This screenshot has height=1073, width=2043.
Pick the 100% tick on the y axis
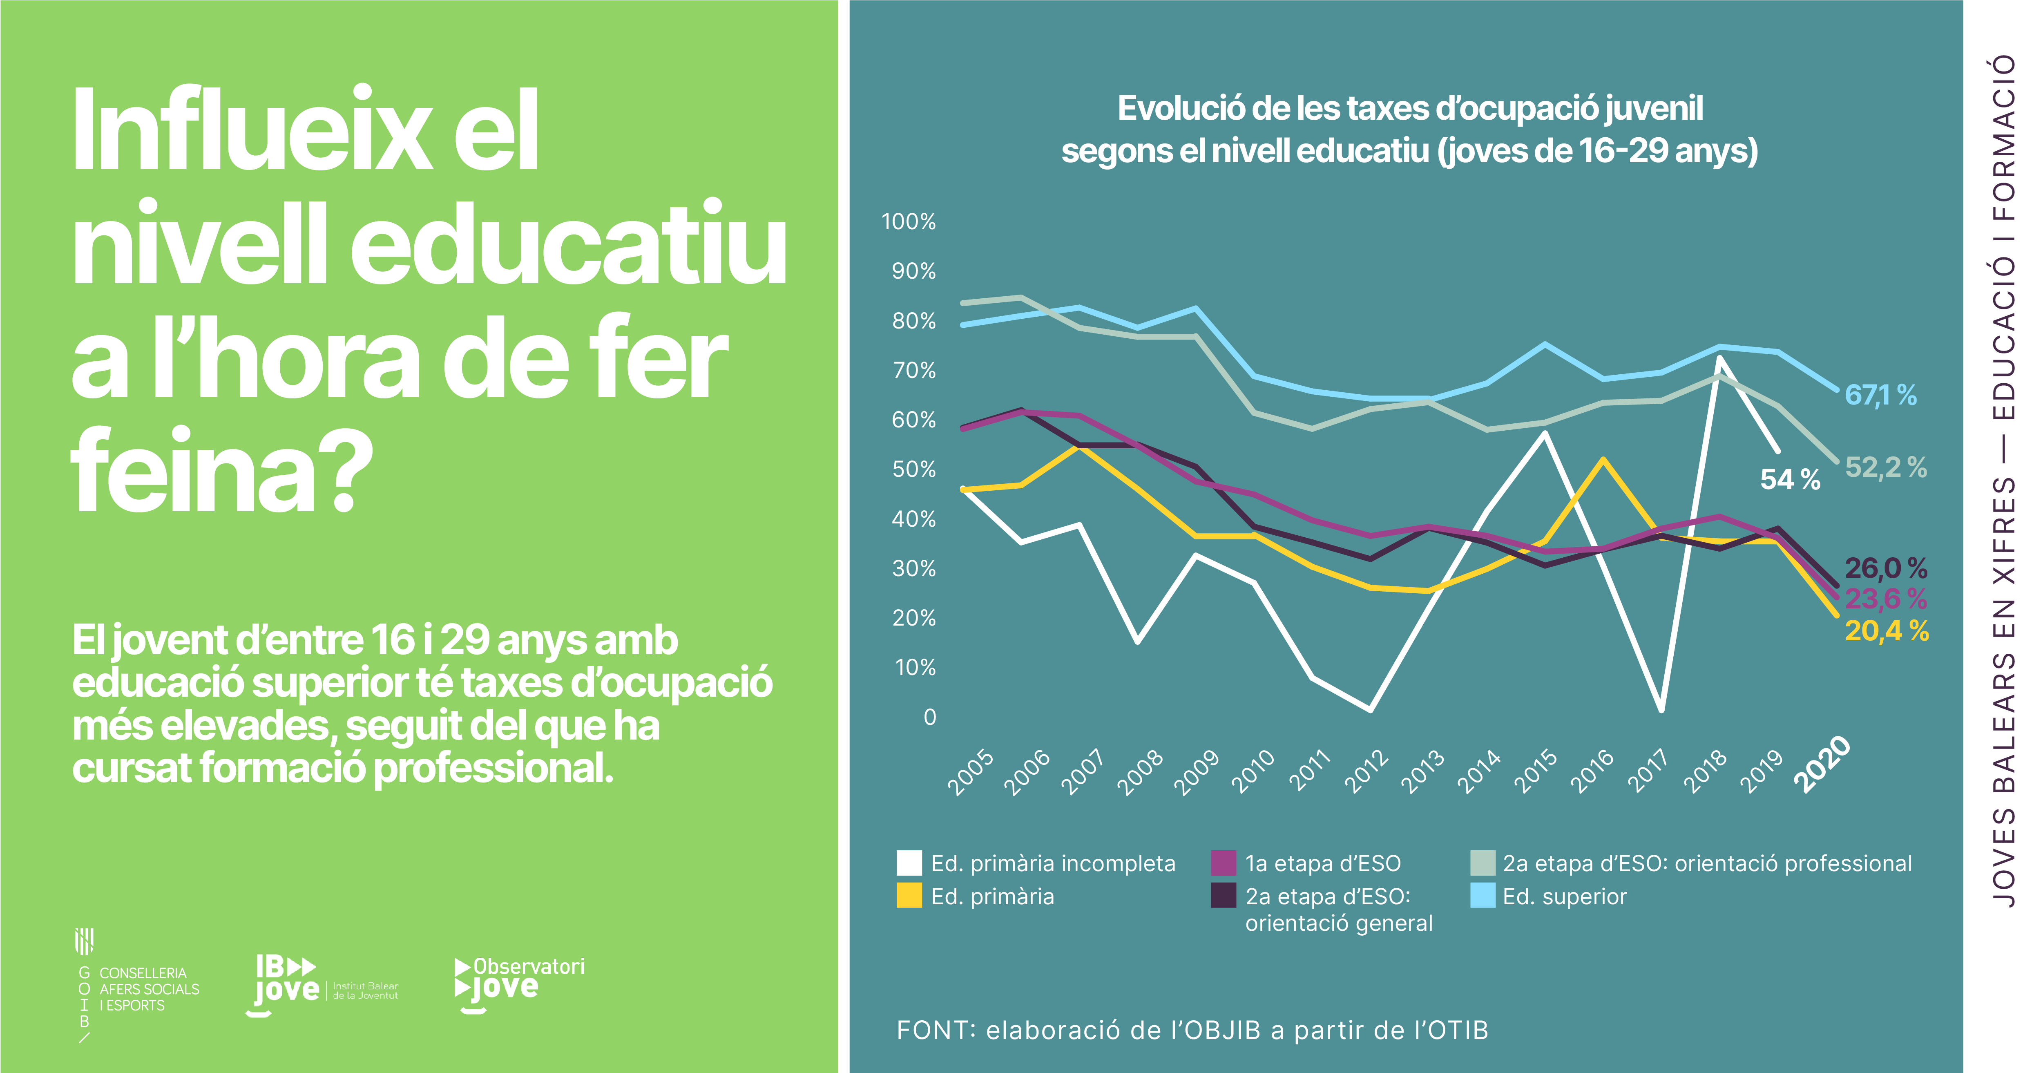coord(909,221)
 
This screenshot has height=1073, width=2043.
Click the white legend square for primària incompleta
coord(909,863)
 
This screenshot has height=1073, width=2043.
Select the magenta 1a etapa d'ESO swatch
coord(1224,863)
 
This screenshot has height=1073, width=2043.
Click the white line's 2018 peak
coord(1719,358)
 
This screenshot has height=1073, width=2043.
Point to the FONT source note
coord(1192,1030)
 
